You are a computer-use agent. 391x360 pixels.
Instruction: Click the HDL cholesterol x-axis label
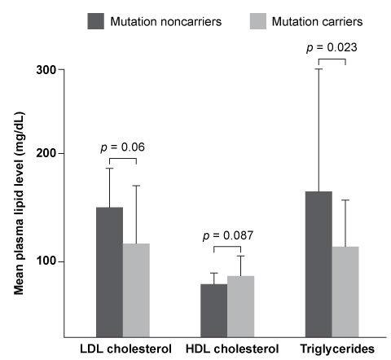[x=227, y=349]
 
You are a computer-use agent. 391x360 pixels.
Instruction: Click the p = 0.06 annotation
[x=122, y=147]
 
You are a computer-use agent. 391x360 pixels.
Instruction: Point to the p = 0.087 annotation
[x=227, y=235]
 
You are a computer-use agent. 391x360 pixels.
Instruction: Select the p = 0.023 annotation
[x=332, y=48]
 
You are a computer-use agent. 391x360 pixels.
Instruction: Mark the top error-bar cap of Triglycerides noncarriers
[x=319, y=69]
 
